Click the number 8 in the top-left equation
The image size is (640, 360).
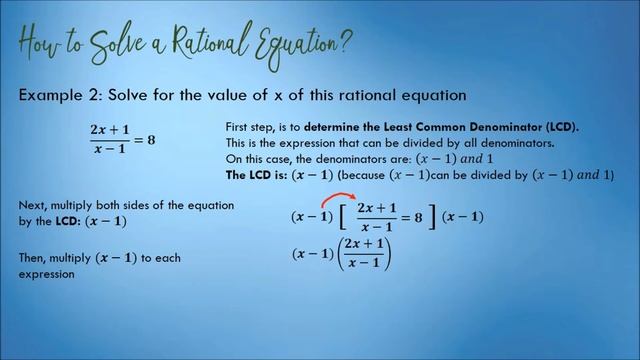click(x=151, y=138)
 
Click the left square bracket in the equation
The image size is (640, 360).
click(x=345, y=217)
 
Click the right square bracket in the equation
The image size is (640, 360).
click(x=434, y=217)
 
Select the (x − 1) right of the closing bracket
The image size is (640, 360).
click(x=463, y=217)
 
